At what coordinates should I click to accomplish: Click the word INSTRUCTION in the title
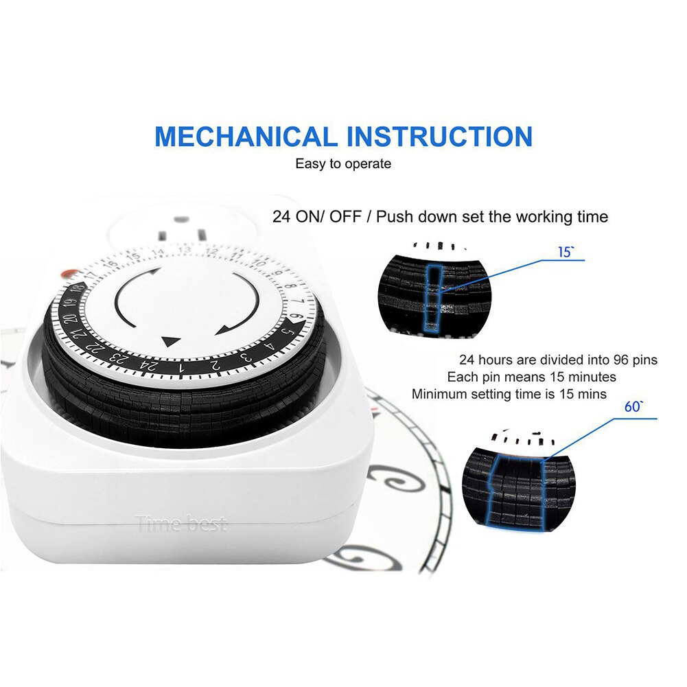(439, 136)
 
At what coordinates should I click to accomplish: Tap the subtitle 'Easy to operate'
(343, 164)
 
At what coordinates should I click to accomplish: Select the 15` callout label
(565, 253)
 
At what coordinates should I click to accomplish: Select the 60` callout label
(633, 406)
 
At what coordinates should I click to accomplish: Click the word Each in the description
(461, 377)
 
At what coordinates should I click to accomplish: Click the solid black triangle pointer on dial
(170, 340)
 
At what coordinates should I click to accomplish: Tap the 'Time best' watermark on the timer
(181, 525)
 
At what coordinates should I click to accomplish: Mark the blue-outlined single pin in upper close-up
(431, 299)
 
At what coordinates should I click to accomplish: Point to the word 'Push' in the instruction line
(395, 217)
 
